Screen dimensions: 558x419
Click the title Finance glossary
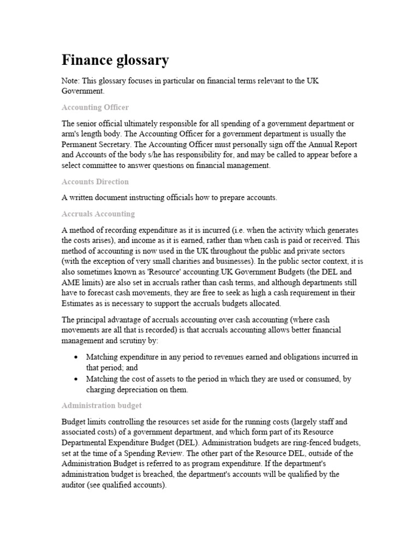[115, 59]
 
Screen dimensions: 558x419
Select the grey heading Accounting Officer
[95, 107]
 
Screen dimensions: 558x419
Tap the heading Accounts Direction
[95, 181]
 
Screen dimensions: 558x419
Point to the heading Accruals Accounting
[98, 214]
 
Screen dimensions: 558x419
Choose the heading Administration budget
[102, 405]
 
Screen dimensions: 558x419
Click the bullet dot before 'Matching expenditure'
[75, 357]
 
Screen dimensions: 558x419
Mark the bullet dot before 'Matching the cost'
[75, 379]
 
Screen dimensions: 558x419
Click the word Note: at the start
[71, 81]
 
